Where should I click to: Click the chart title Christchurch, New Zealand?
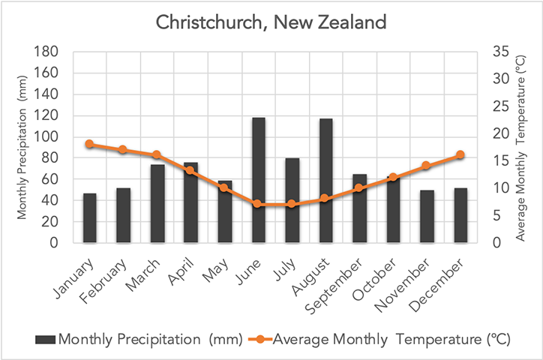[x=271, y=22]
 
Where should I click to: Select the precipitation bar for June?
[x=258, y=180]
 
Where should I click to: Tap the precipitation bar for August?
[x=325, y=181]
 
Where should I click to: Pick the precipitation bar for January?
[x=89, y=218]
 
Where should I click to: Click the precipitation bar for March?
[x=157, y=203]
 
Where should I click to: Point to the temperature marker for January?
[x=89, y=144]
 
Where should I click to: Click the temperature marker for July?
[x=292, y=204]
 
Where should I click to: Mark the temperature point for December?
[x=460, y=155]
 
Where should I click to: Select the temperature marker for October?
[x=393, y=177]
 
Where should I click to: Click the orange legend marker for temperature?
[x=259, y=340]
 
